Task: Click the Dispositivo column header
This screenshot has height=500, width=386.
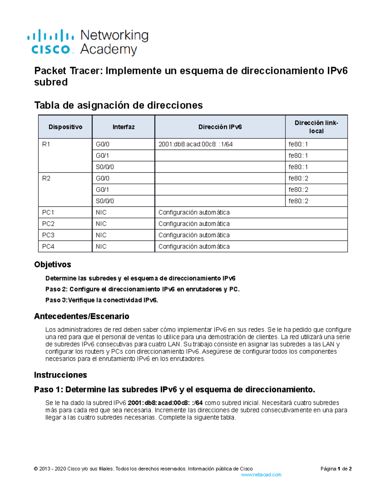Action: coord(65,127)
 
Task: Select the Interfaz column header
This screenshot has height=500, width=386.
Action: coord(124,127)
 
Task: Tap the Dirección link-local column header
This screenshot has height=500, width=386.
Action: coord(316,127)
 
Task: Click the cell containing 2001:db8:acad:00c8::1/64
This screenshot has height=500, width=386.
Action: coord(196,144)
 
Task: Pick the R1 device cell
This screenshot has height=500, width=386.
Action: coord(46,144)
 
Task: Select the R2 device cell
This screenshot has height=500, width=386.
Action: coord(46,178)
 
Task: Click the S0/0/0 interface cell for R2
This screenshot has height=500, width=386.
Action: coord(105,201)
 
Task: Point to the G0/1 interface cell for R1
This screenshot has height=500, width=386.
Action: coord(102,156)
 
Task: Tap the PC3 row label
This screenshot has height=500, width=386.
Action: coord(48,235)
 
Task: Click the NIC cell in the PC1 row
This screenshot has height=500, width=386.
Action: coord(101,212)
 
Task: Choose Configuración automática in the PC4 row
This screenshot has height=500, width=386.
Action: coord(194,246)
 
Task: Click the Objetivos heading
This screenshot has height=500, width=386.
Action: coord(52,264)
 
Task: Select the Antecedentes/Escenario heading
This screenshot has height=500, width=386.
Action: coord(82,316)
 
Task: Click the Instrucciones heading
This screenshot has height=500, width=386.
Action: coord(60,375)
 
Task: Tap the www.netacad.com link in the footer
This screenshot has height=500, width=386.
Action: coord(261,475)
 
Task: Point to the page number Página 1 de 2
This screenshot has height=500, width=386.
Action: coord(336,469)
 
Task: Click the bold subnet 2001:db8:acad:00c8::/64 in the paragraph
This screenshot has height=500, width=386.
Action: coord(165,403)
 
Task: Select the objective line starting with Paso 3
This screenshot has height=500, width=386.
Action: coord(102,300)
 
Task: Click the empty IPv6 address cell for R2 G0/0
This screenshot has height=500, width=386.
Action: coord(220,178)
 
